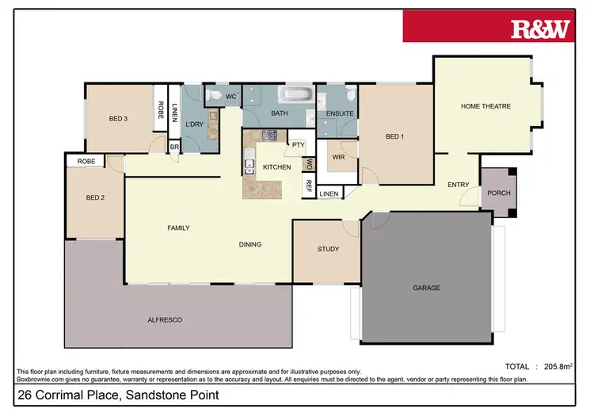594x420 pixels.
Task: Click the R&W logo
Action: coord(541,29)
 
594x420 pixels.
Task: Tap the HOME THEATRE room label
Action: coord(485,106)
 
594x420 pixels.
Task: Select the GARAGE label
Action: coord(425,288)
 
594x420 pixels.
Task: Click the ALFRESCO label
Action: coord(166,319)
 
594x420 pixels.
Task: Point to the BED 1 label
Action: coord(394,136)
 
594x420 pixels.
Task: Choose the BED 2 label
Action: coord(95,197)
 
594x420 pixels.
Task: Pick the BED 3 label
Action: coord(119,119)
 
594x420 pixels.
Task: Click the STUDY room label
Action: coord(328,249)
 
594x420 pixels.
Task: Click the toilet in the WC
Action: coord(213,96)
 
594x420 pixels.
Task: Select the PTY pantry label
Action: coord(298,145)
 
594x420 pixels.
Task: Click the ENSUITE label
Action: coord(339,114)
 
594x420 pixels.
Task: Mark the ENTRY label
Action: coord(458,185)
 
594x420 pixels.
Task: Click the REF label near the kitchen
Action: coord(309,185)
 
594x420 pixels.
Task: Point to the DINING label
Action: coord(250,244)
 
